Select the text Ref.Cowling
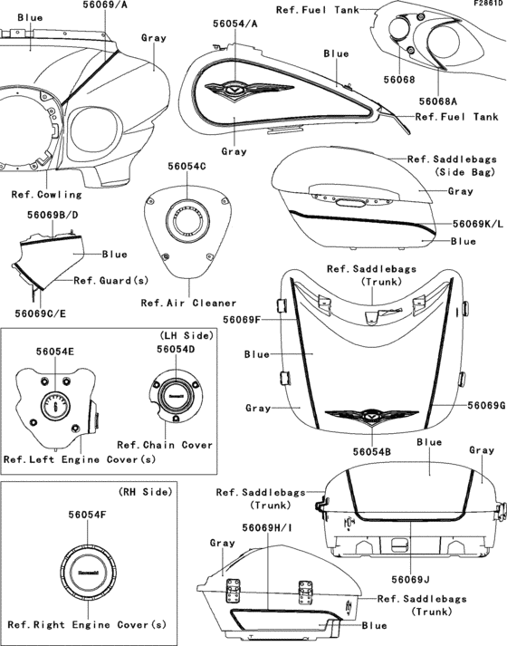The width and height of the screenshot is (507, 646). pyautogui.click(x=46, y=194)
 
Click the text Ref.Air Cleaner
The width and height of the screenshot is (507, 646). pyautogui.click(x=188, y=303)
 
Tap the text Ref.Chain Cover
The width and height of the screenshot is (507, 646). pyautogui.click(x=166, y=444)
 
